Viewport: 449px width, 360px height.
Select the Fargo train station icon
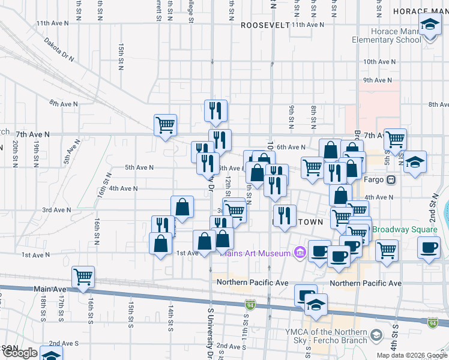pos(391,179)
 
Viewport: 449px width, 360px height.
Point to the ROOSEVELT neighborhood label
pos(265,25)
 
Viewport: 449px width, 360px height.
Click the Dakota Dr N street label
pos(58,50)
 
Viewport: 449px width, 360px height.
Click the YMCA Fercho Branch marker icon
pos(376,334)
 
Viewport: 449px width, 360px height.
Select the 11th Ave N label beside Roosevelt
pos(307,25)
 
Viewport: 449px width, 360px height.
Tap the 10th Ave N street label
pos(378,62)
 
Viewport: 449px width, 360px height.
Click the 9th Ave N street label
pos(377,80)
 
